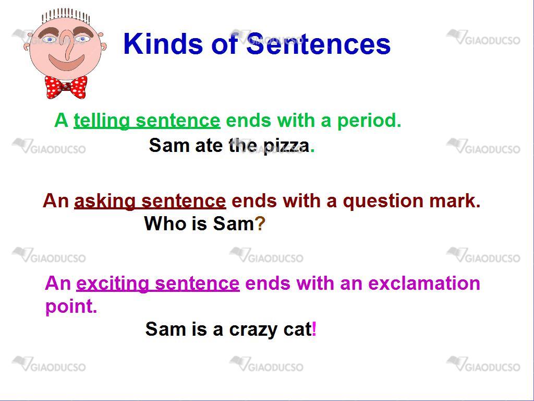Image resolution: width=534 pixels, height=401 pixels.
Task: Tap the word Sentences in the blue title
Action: pos(319,43)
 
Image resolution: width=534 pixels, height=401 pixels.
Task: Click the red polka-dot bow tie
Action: pos(66,87)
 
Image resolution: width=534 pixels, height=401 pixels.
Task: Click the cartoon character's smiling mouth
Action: pos(66,62)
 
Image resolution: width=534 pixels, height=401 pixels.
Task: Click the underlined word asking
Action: pos(104,201)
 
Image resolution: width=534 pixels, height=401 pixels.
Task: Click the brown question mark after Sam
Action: pos(260,223)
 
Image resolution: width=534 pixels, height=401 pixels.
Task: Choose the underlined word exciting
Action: pos(113,284)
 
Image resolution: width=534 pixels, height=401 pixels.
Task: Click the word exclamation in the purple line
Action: pos(424,283)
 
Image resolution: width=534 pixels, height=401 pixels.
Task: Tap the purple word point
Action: pos(71,306)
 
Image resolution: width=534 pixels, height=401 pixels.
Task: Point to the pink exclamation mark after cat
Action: pos(314,329)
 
